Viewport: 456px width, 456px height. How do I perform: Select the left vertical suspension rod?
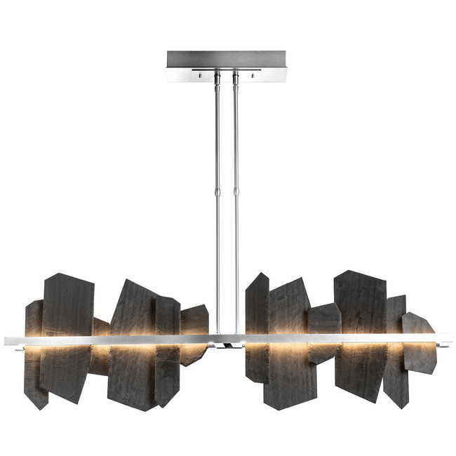click(217, 140)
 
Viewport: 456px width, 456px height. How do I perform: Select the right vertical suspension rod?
click(236, 140)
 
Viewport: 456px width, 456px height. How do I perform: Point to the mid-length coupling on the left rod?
click(217, 192)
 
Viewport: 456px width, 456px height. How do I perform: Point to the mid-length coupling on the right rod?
click(236, 192)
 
